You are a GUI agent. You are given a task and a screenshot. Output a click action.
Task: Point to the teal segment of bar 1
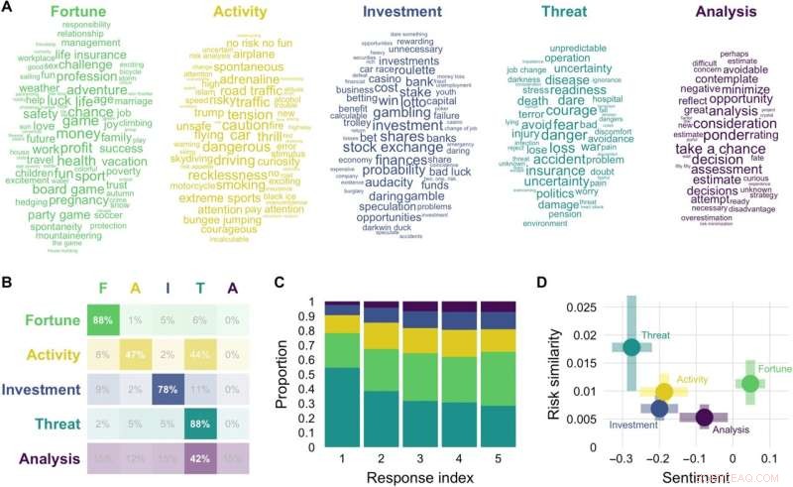(341, 407)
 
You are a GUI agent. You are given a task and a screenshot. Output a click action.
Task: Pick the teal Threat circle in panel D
(631, 347)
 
